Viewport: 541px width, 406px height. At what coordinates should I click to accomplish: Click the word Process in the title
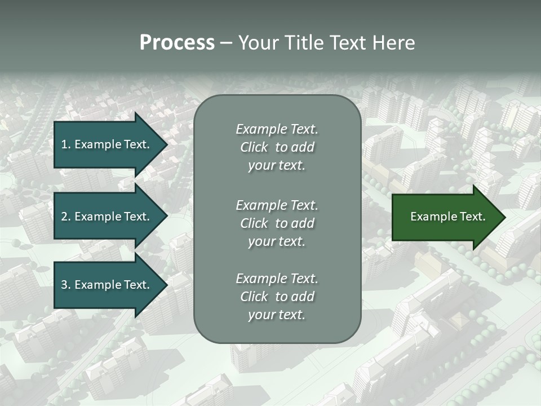[177, 43]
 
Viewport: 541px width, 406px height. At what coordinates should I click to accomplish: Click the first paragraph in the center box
[277, 147]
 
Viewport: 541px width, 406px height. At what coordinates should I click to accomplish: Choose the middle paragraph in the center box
[277, 223]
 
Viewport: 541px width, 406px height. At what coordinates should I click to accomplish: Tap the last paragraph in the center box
[277, 297]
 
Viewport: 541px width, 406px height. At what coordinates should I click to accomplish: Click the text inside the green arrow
[447, 217]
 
